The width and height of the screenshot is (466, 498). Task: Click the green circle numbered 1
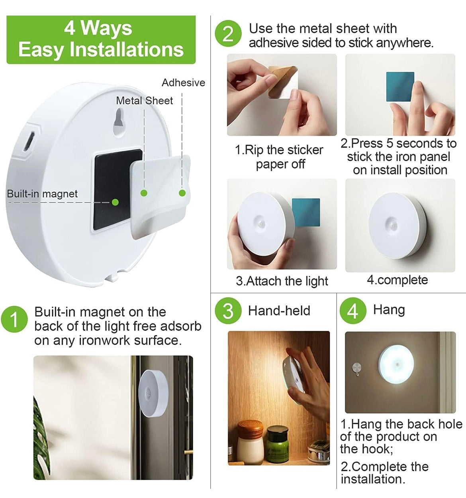(14, 319)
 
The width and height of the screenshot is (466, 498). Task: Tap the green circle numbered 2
(228, 34)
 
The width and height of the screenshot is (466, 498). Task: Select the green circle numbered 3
(228, 311)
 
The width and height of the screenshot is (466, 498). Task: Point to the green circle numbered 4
(352, 311)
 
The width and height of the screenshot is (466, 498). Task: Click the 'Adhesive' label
(183, 83)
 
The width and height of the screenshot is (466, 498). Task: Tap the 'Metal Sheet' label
(144, 100)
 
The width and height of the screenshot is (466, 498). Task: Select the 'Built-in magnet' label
(42, 194)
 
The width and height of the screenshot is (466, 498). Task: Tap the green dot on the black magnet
(116, 202)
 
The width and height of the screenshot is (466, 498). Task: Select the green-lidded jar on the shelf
(277, 443)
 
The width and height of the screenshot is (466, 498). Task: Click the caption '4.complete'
(397, 280)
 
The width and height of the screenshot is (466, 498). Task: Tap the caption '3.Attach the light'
(282, 281)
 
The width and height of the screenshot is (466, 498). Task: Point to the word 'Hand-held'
(279, 311)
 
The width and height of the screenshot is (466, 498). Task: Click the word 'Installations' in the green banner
(126, 50)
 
